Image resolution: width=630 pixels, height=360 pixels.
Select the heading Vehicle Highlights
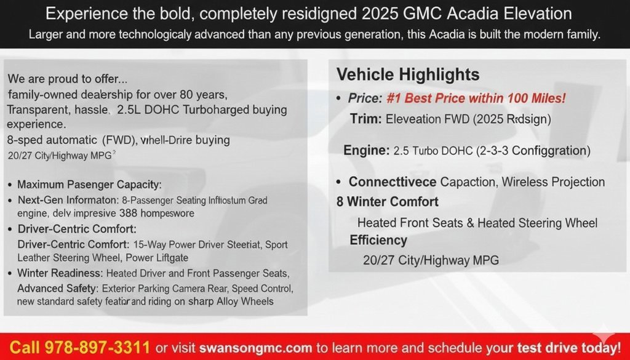(408, 75)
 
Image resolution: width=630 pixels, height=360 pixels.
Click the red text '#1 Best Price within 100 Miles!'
(476, 98)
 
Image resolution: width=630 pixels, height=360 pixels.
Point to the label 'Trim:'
(366, 119)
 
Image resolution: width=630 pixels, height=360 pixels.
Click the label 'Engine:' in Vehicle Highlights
(367, 150)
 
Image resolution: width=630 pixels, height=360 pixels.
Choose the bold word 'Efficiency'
(378, 240)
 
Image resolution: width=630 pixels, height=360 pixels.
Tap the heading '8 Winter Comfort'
(388, 202)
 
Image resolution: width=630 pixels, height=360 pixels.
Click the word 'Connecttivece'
(393, 182)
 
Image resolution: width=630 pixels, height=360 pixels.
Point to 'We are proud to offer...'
(68, 79)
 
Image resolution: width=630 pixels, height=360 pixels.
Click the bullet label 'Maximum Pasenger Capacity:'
(89, 184)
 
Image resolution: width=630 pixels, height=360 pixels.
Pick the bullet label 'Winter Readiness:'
(60, 273)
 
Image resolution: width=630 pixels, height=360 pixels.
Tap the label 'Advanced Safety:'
(57, 288)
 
